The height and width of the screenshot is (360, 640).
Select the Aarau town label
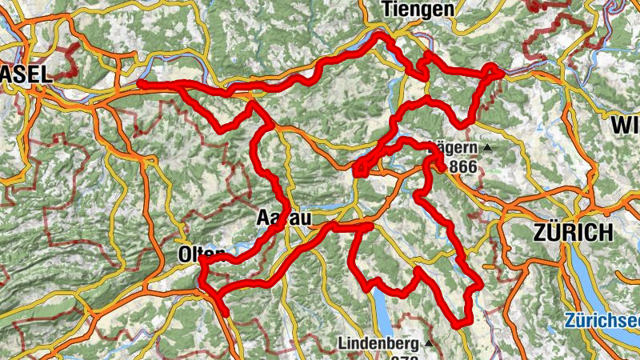pyautogui.click(x=283, y=218)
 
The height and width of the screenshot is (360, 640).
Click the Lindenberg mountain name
pyautogui.click(x=378, y=343)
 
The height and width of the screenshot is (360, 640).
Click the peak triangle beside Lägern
pyautogui.click(x=486, y=148)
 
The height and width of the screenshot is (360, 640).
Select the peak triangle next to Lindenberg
pyautogui.click(x=429, y=343)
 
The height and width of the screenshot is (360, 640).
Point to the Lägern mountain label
pyautogui.click(x=456, y=148)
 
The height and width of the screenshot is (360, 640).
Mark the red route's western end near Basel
pyautogui.click(x=140, y=83)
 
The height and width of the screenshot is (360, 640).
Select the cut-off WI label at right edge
pyautogui.click(x=626, y=125)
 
